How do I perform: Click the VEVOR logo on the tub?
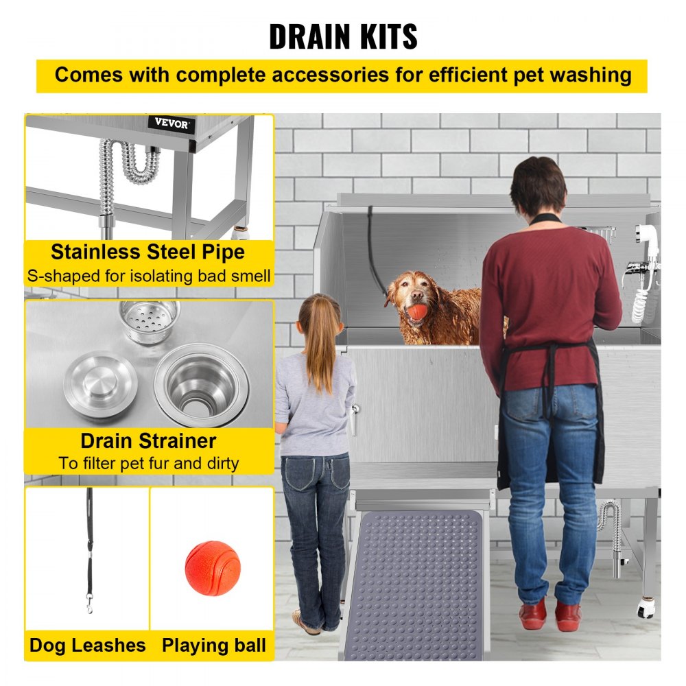pyautogui.click(x=171, y=124)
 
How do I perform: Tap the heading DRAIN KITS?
pyautogui.click(x=342, y=36)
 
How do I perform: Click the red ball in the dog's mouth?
pyautogui.click(x=418, y=311)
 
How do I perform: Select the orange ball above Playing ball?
pyautogui.click(x=213, y=567)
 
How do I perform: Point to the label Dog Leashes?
pyautogui.click(x=87, y=646)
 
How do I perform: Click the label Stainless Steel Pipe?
pyautogui.click(x=147, y=252)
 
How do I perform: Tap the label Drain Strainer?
pyautogui.click(x=148, y=440)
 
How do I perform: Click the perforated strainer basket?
pyautogui.click(x=149, y=318)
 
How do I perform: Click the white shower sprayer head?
pyautogui.click(x=645, y=237)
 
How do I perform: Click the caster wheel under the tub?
pyautogui.click(x=645, y=608)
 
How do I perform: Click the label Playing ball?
pyautogui.click(x=213, y=646)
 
